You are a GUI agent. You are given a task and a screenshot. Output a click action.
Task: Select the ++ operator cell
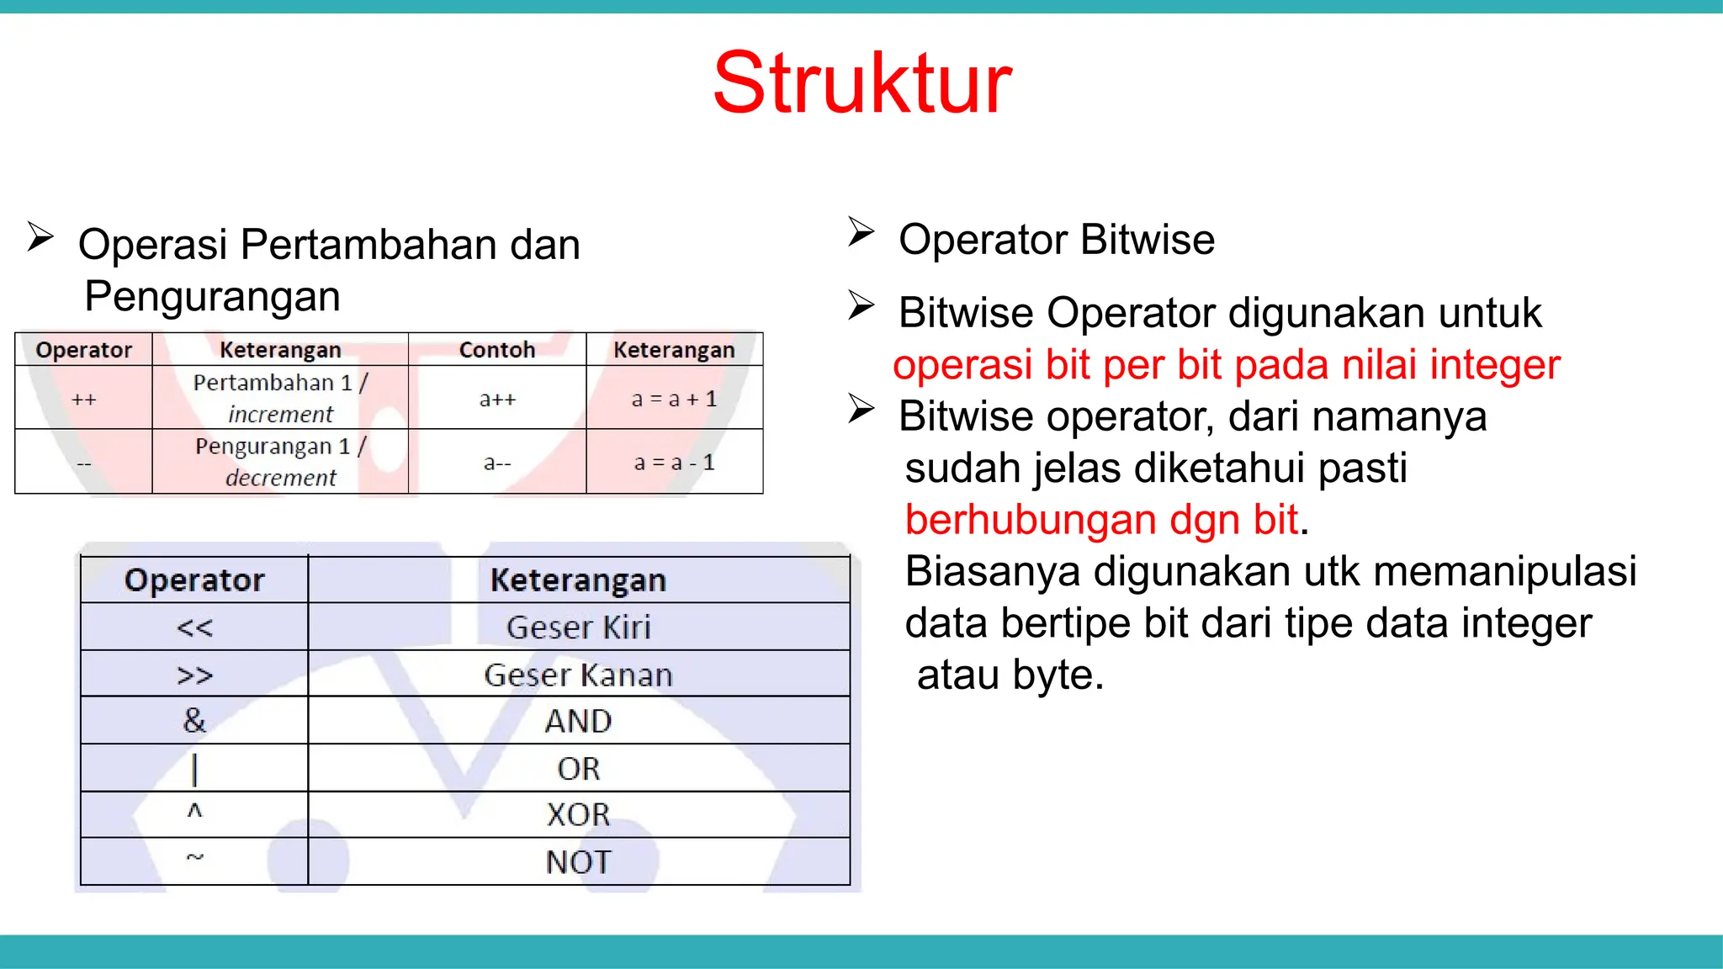click(83, 400)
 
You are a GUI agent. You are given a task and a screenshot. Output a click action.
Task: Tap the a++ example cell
click(497, 400)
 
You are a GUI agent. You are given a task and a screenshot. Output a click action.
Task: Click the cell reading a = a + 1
click(674, 399)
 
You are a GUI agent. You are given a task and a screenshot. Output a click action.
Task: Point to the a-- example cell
click(497, 463)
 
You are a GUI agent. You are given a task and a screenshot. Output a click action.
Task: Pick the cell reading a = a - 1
click(674, 463)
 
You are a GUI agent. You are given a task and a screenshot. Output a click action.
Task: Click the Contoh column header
click(497, 350)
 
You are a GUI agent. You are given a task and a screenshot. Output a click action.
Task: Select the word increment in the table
click(281, 415)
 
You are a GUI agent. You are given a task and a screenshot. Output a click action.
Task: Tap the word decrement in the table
click(281, 478)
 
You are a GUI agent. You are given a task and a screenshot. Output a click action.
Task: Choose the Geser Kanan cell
click(579, 675)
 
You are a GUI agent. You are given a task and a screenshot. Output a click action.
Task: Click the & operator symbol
click(194, 721)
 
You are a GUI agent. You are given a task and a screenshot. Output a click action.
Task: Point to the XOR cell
click(579, 815)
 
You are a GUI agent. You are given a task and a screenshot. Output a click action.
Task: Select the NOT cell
click(579, 862)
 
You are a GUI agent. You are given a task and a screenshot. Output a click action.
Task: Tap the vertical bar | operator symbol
click(194, 769)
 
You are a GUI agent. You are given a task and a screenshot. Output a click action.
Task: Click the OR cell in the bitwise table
click(579, 769)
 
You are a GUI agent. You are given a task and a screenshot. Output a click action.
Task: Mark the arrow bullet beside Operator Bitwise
click(861, 232)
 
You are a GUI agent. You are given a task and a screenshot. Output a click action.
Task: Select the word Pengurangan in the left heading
click(212, 297)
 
